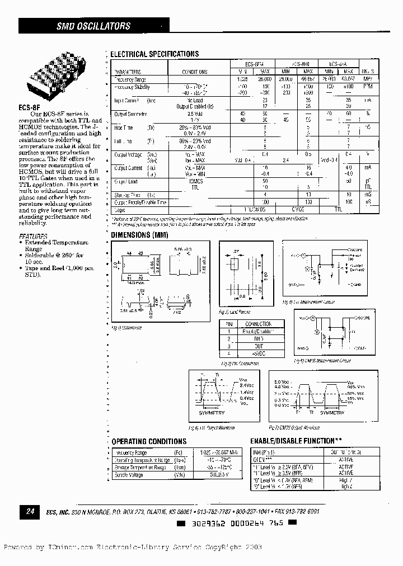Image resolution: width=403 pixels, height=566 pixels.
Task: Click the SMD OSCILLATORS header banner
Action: (93, 26)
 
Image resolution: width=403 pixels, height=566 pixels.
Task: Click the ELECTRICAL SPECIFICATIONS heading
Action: (154, 54)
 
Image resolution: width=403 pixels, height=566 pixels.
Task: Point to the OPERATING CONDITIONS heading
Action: (149, 441)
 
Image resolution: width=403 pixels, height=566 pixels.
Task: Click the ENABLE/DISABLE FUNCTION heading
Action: (296, 441)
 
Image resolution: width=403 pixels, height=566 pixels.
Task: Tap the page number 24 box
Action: (29, 511)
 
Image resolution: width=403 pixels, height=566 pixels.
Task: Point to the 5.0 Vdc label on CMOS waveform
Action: (282, 381)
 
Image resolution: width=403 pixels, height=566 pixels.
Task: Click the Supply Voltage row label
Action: (128, 475)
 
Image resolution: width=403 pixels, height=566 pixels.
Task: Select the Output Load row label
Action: (126, 182)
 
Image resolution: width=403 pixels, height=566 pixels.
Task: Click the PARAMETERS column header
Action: (128, 72)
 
